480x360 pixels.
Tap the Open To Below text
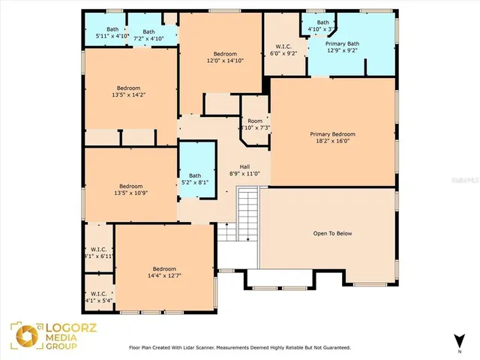coord(332,233)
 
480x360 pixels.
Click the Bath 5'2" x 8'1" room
coord(195,178)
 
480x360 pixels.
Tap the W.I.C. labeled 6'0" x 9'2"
coord(283,50)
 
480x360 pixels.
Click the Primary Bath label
coord(342,47)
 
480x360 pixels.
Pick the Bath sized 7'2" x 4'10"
coord(148,34)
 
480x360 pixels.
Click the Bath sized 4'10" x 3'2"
coord(322,25)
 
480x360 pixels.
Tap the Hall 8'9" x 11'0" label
coord(244,170)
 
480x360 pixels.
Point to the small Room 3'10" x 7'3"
coord(255,124)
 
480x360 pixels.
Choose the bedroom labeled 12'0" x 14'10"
coord(225,58)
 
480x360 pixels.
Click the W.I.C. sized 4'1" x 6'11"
coord(98,252)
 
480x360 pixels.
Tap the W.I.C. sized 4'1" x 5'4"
coord(98,297)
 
